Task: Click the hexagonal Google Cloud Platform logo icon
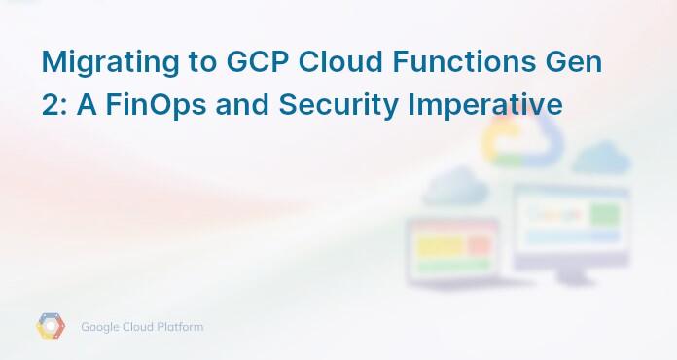pyautogui.click(x=51, y=327)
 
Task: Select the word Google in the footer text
pyautogui.click(x=102, y=327)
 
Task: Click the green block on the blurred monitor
pyautogui.click(x=604, y=213)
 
